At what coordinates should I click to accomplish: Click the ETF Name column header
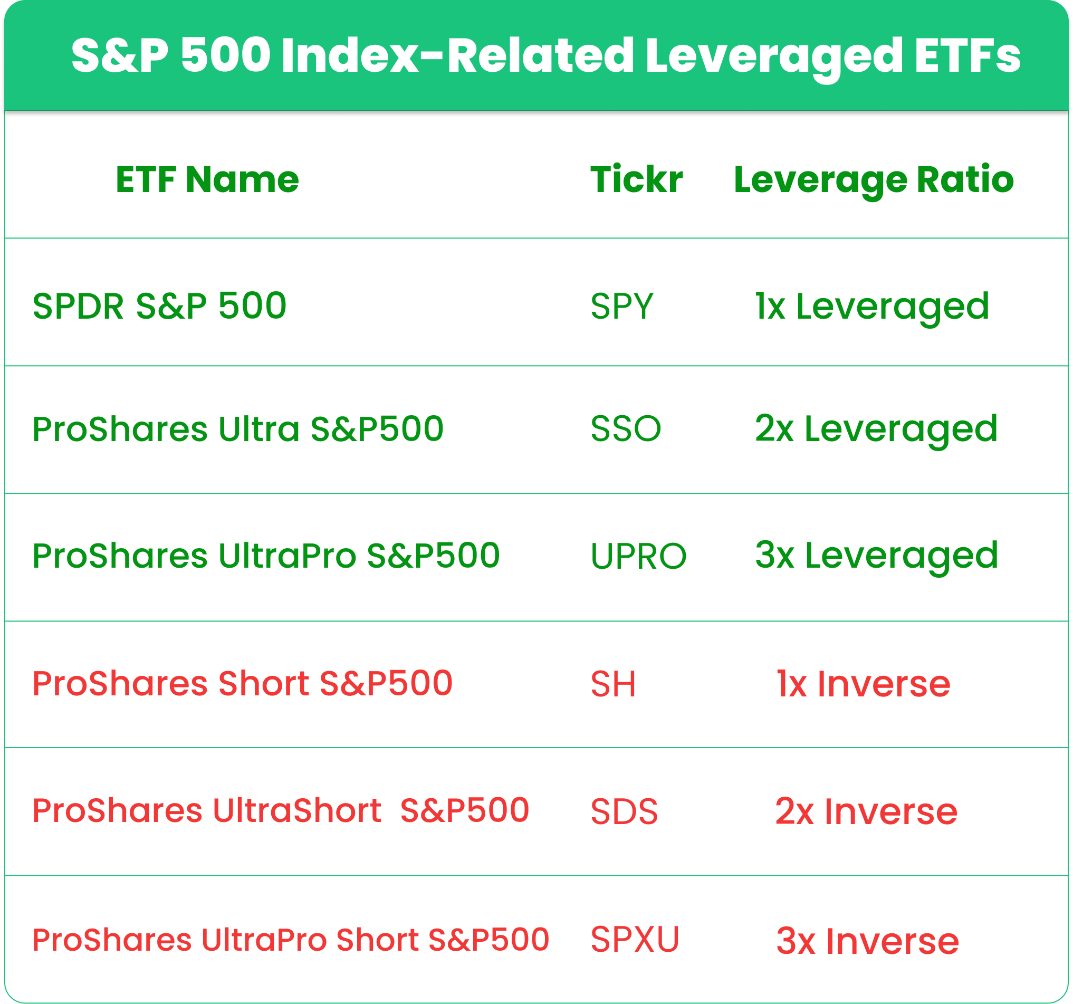point(207,179)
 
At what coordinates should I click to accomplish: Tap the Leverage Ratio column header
point(874,181)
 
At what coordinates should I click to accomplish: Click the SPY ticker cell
point(622,306)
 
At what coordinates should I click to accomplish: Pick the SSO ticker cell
point(626,428)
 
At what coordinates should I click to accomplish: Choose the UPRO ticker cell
point(638,556)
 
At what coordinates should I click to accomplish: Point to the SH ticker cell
point(613,684)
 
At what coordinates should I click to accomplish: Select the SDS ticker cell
point(625,811)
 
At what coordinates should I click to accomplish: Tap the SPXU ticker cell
point(635,939)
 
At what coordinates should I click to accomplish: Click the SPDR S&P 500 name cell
point(159,306)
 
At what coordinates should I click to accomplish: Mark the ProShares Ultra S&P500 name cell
point(238,429)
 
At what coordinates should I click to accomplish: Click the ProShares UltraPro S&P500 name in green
point(266,556)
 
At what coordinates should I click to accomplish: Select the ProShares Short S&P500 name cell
point(242,683)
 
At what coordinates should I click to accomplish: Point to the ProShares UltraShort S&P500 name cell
point(281,811)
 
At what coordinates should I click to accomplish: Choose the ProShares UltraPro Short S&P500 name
point(291,939)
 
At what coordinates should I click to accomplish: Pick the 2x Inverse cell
point(866,811)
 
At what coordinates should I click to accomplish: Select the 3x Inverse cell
point(868,941)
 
